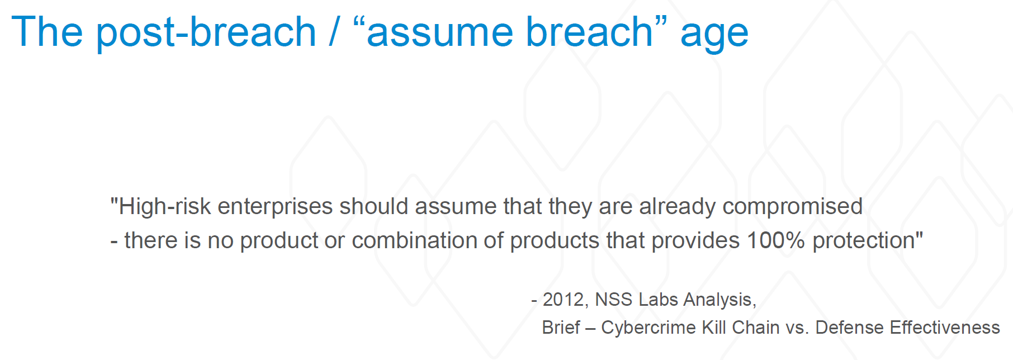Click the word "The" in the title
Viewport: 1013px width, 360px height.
click(x=47, y=32)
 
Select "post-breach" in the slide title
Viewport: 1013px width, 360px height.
click(x=206, y=34)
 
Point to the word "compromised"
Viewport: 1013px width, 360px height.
click(x=792, y=207)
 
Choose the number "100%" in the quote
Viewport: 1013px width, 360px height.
click(x=775, y=241)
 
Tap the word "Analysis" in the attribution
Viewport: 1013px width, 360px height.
click(x=717, y=301)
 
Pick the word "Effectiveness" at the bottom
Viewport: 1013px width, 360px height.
click(x=945, y=328)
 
